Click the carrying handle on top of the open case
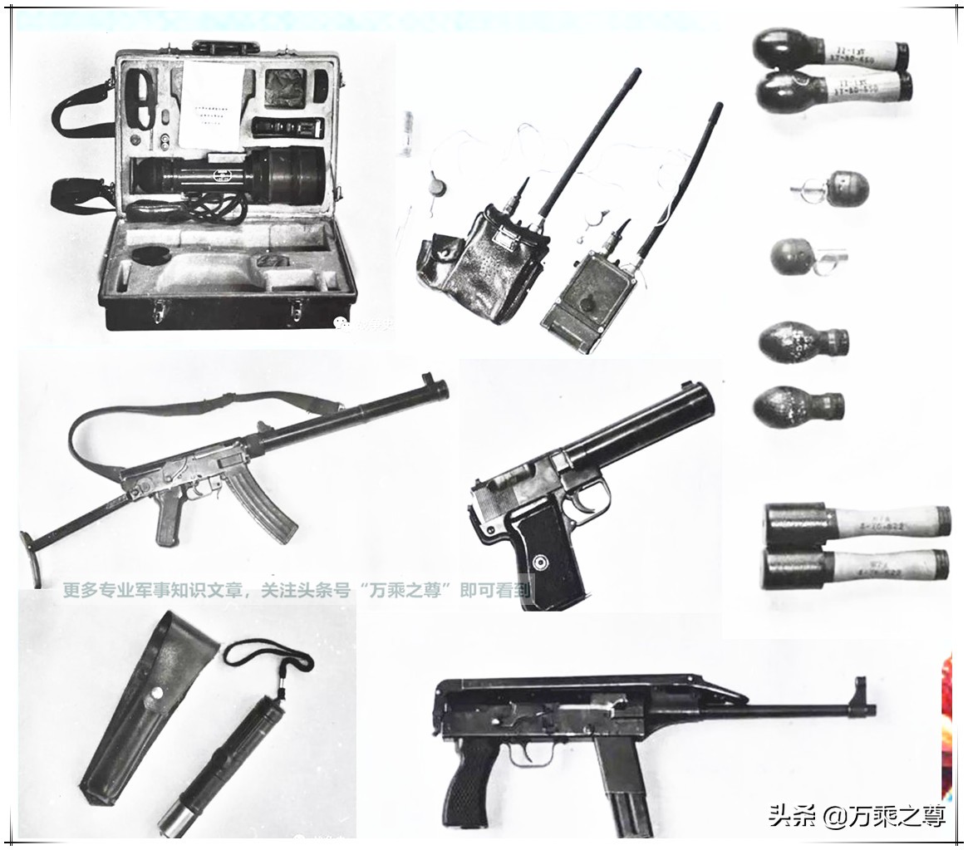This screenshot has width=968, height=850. coord(226,47)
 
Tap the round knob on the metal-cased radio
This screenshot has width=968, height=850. coord(587,304)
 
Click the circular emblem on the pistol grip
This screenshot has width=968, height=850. coord(541,563)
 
